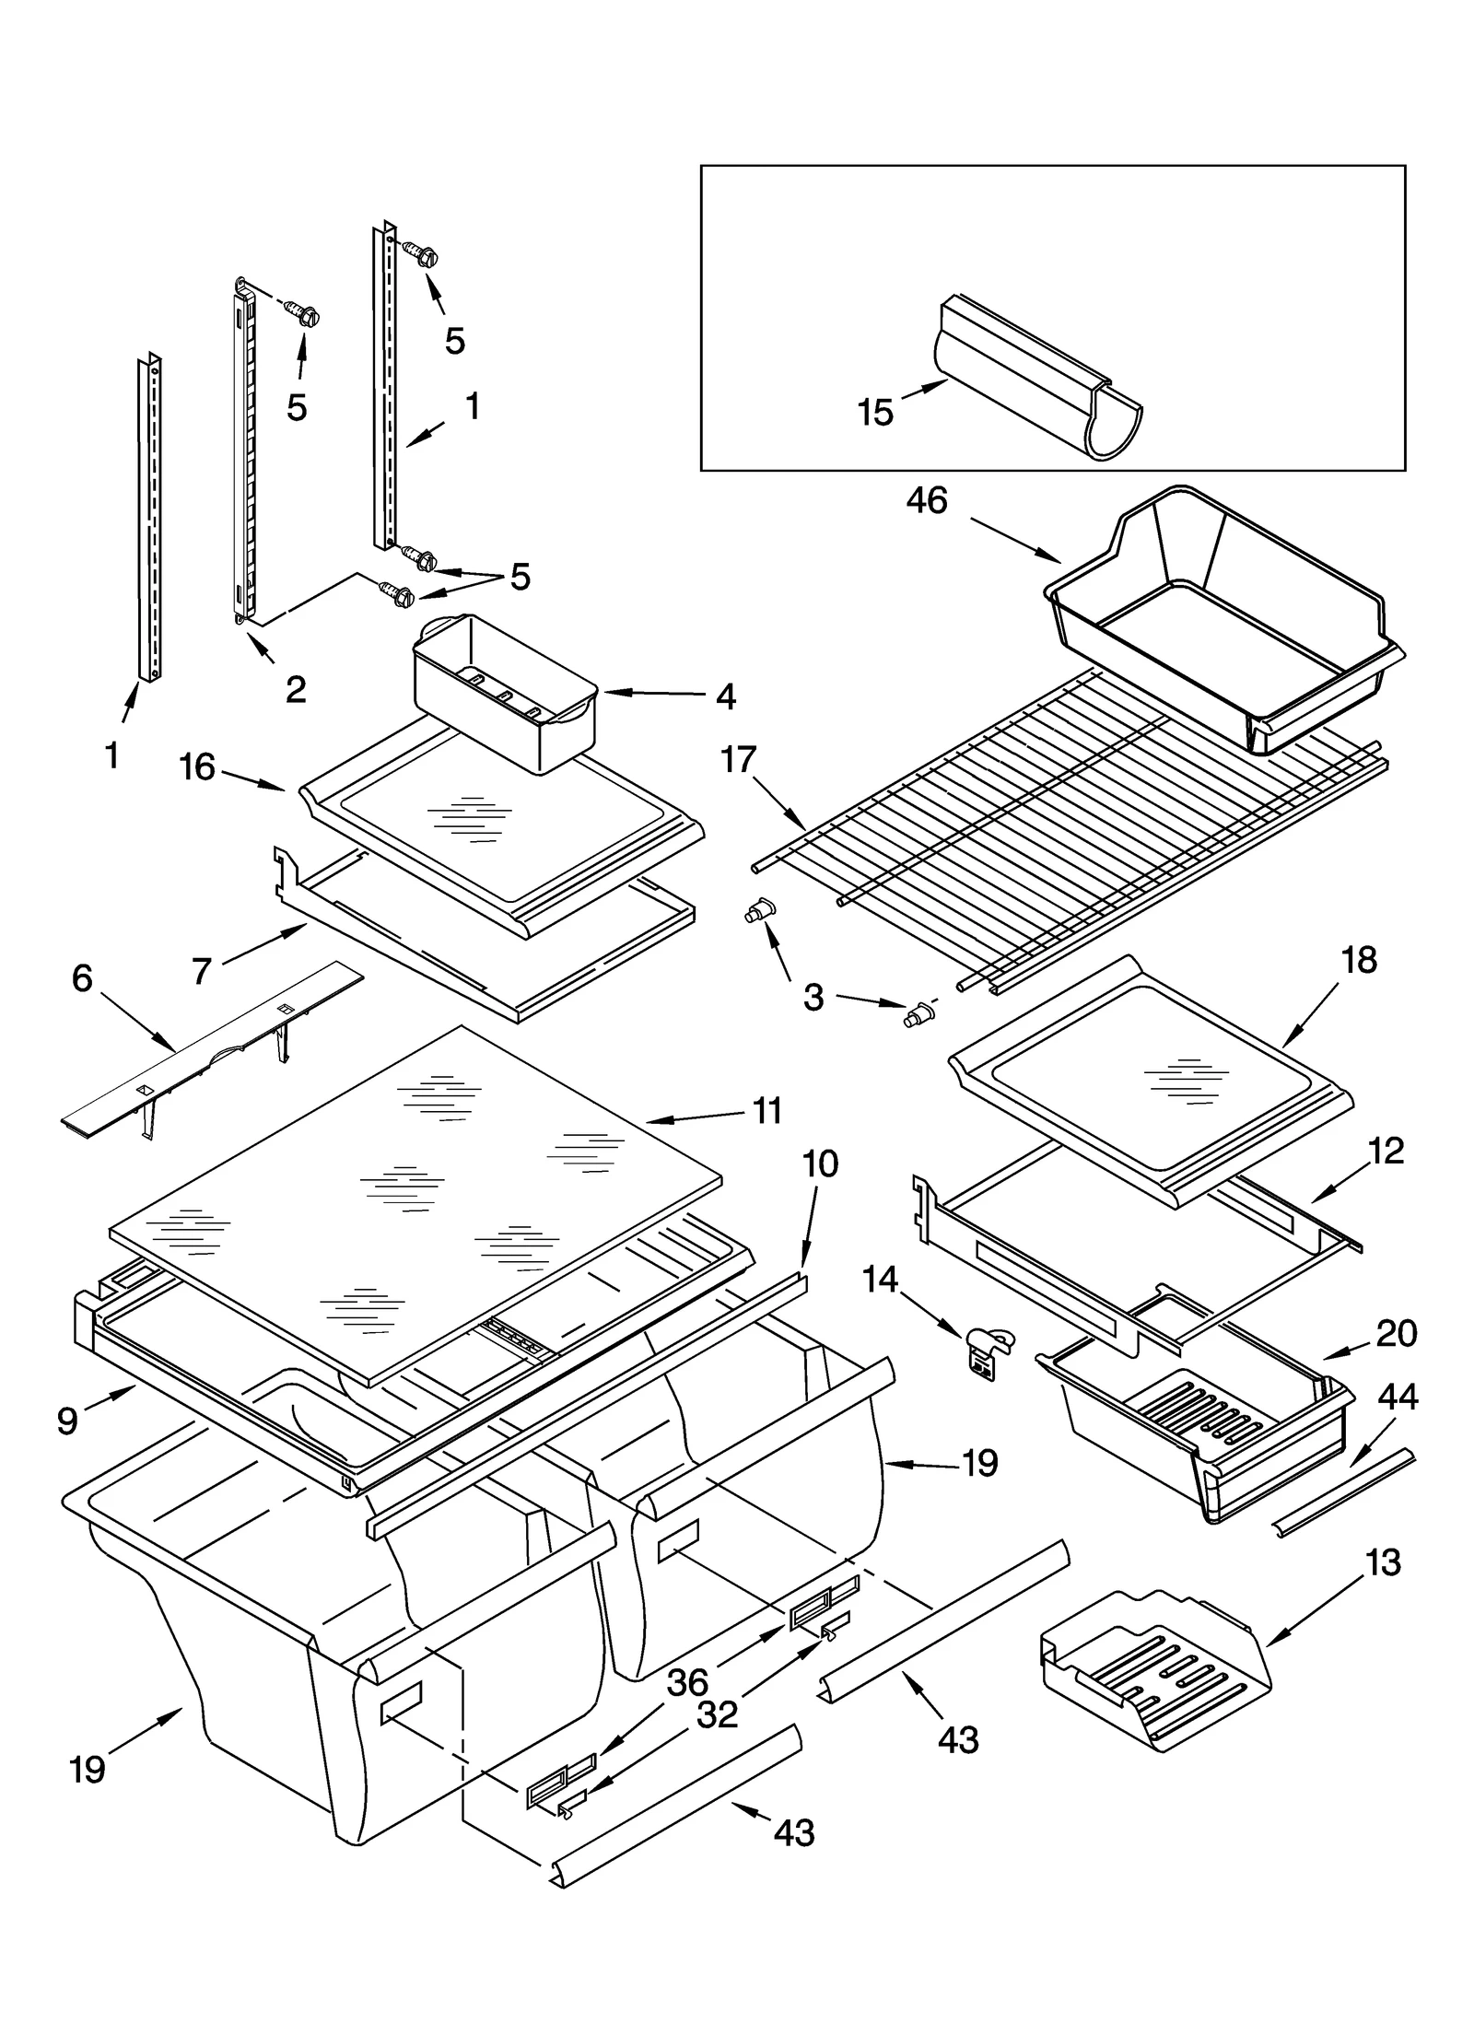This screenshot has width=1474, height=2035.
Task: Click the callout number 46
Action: [926, 501]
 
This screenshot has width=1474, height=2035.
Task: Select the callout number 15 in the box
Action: [875, 412]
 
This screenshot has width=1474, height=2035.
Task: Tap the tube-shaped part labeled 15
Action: [1041, 378]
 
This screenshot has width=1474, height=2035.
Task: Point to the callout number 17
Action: [739, 760]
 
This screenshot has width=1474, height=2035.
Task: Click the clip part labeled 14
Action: [987, 1351]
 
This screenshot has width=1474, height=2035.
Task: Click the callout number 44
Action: [1398, 1398]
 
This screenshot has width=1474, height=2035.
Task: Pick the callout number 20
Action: [1397, 1333]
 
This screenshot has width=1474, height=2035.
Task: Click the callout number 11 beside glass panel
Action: [766, 1110]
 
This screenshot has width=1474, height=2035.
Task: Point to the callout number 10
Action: [820, 1164]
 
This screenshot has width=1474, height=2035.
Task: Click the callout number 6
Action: [82, 978]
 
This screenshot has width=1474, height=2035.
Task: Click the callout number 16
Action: [197, 766]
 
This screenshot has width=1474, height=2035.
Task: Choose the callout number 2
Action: [296, 688]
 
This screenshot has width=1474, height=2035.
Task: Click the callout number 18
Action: [1359, 960]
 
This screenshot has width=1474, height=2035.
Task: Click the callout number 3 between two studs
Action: [813, 997]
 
